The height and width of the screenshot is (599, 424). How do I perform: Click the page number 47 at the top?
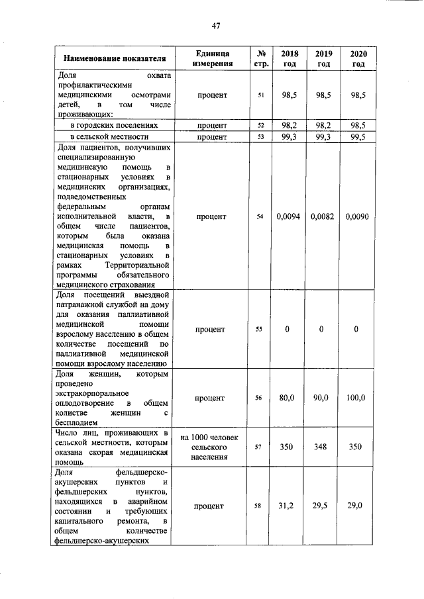tap(215, 26)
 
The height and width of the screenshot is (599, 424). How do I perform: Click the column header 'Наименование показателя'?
tap(111, 59)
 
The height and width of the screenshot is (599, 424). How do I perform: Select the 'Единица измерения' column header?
tap(212, 58)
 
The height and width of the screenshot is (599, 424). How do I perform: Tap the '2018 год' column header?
tap(290, 58)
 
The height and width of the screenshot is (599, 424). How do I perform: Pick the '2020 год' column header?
tap(358, 58)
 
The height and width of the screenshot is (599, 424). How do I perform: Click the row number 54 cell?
tap(260, 217)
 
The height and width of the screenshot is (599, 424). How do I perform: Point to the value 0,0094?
tap(290, 217)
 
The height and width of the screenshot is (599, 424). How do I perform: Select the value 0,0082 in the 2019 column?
tap(323, 217)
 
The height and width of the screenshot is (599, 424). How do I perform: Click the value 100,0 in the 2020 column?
tap(356, 398)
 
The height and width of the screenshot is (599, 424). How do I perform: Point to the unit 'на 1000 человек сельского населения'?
tap(212, 447)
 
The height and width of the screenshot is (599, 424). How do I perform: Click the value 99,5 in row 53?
tap(356, 137)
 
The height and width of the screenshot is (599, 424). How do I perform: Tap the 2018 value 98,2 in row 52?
tap(289, 125)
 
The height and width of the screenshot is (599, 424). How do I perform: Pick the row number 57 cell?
tap(260, 447)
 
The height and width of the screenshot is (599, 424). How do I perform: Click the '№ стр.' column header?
tap(260, 58)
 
